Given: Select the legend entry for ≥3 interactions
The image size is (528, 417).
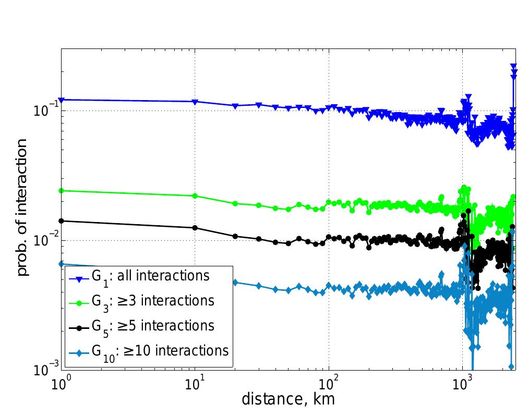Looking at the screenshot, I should coord(153,301).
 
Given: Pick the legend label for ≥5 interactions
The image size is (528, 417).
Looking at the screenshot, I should coord(153,326).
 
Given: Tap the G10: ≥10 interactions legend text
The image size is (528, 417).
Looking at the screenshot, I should coord(160,350).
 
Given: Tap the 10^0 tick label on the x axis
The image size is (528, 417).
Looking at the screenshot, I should coord(62,384).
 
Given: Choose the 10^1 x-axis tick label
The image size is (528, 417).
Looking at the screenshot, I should coord(195,384).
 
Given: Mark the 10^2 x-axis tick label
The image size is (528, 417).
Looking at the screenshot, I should coord(329,384).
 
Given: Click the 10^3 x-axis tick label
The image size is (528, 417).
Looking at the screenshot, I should coord(462,384).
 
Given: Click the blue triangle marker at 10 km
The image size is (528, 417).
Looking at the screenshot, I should coord(195,102).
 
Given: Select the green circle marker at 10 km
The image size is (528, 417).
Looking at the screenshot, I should coord(195,196).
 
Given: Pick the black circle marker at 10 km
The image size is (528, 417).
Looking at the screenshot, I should coord(195,228).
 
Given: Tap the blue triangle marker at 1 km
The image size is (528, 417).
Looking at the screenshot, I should coord(62,100).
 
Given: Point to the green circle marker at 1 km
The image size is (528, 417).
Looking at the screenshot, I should coord(62,191).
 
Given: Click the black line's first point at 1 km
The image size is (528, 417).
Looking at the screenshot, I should coord(62,220).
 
